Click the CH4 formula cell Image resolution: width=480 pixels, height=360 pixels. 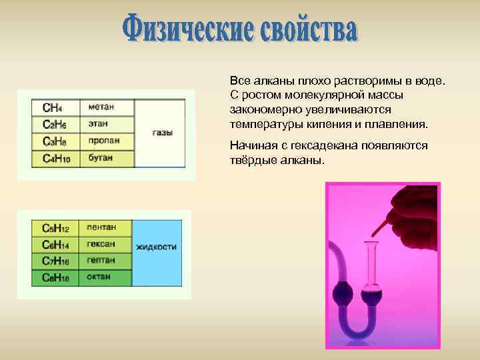coord(53,107)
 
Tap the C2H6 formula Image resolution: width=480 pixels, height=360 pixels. coord(54,125)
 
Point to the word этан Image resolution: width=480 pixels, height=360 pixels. coord(98,124)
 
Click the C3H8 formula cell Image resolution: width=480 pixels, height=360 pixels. coord(54,141)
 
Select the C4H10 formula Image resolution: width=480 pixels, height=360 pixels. coord(56,158)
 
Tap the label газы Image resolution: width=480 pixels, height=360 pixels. coord(163,133)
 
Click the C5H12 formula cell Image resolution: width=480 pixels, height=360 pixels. coord(56,227)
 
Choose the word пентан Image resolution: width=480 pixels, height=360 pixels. coord(101,227)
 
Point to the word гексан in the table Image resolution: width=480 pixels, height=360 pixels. coord(101,244)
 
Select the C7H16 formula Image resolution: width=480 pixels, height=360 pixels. coord(56,260)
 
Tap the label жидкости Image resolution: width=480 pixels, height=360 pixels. coord(156,247)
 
